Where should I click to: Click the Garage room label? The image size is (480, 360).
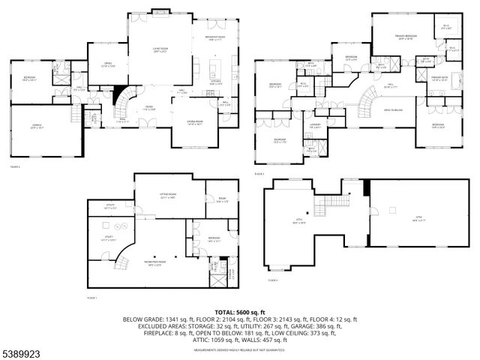(37, 127)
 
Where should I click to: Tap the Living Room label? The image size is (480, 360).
(159, 51)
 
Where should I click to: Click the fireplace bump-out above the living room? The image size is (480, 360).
(160, 10)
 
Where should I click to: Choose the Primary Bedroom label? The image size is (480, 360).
(406, 37)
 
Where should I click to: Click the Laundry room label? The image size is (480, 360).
(316, 125)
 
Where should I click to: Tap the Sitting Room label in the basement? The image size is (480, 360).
(166, 197)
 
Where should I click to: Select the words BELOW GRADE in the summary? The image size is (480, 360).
(142, 319)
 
